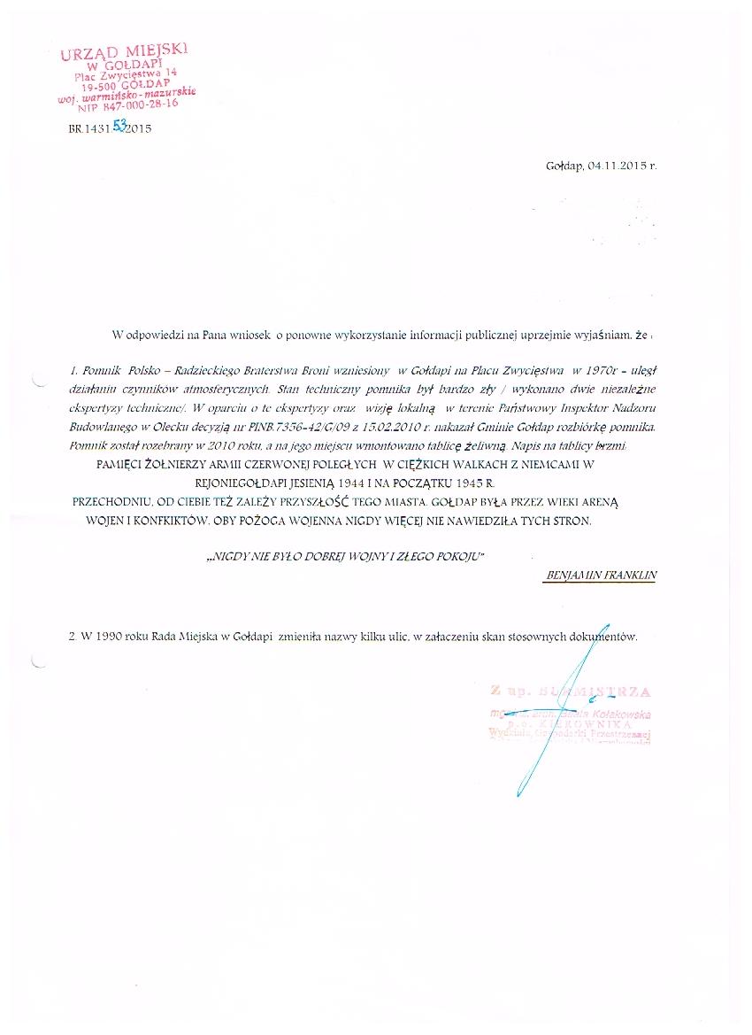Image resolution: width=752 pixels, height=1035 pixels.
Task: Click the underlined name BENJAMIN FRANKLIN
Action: pos(602,575)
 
